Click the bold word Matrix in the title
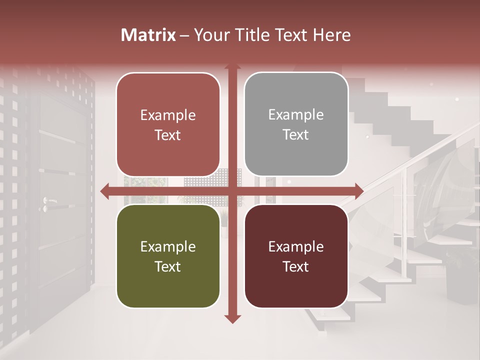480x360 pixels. pos(148,35)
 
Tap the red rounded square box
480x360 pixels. pos(168,124)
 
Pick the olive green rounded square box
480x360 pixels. pos(168,256)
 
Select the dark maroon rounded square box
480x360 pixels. pos(296,256)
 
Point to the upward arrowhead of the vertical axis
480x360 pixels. pos(232,67)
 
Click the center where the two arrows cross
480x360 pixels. pos(232,190)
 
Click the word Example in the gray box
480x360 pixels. pos(296,114)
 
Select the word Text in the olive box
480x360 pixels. pos(168,266)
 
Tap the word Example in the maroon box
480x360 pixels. pos(296,246)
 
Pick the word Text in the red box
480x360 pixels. pos(168,135)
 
